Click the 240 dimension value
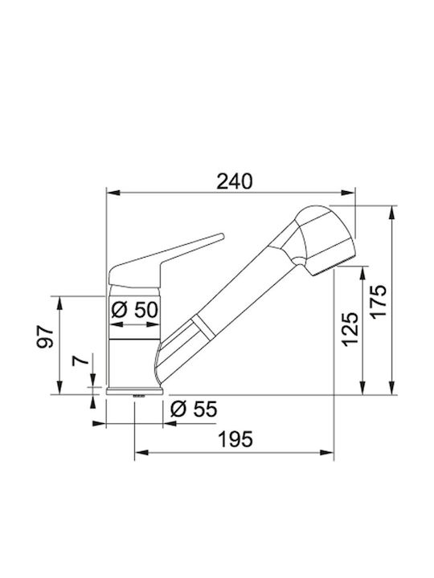pyautogui.click(x=235, y=181)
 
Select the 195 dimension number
pyautogui.click(x=235, y=439)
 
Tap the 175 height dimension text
pyautogui.click(x=379, y=301)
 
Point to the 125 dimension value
pyautogui.click(x=350, y=329)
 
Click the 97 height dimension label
pyautogui.click(x=45, y=336)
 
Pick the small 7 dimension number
pyautogui.click(x=80, y=360)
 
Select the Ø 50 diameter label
pyautogui.click(x=135, y=310)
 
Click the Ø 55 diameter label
pyautogui.click(x=194, y=409)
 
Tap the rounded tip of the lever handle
pyautogui.click(x=222, y=236)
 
